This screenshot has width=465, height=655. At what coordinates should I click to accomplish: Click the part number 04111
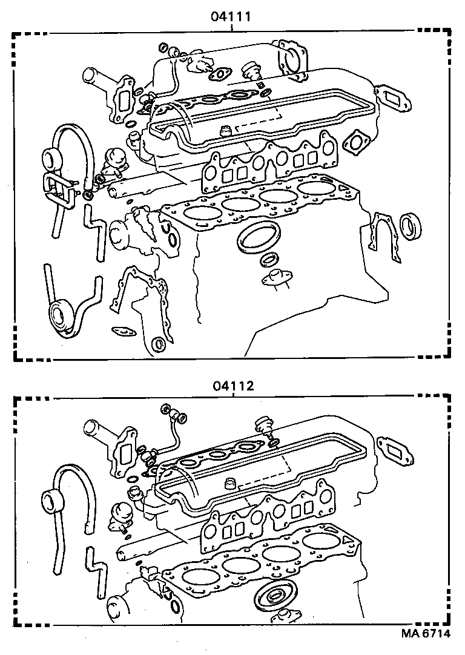231,16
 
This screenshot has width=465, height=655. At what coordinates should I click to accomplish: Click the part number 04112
232,385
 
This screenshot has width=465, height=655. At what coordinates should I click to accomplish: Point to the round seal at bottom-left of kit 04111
61,316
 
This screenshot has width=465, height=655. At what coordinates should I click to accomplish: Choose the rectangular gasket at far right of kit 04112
392,447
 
